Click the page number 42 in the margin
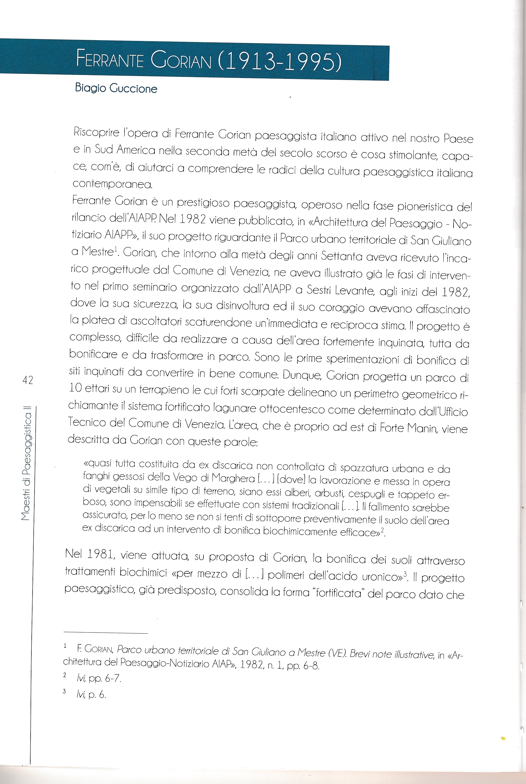27,380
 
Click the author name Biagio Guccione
116,88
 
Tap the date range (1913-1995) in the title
280,61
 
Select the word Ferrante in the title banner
110,59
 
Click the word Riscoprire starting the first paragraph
96,132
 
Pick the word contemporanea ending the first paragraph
112,184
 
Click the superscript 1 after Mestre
116,248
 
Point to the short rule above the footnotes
106,633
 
